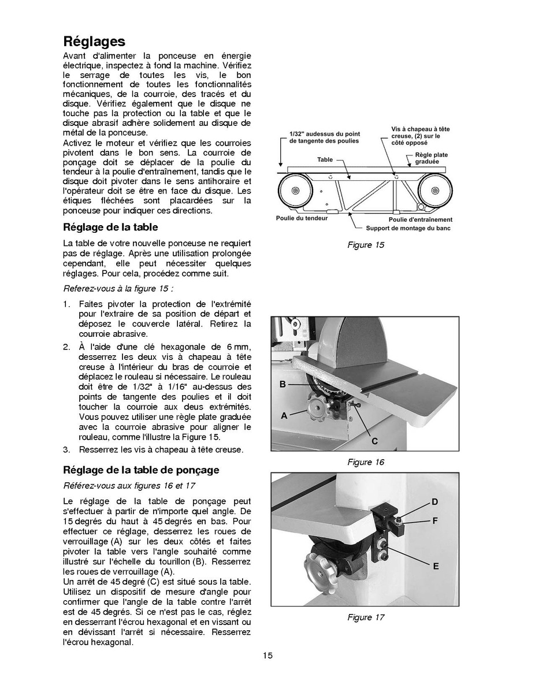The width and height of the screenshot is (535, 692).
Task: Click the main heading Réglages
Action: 94,42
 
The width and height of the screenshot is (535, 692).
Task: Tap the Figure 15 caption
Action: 366,245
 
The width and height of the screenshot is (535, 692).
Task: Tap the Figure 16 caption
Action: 366,462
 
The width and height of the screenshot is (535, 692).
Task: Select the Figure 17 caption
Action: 366,617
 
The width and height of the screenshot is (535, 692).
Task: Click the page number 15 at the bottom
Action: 267,655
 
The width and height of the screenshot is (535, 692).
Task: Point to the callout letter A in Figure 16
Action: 284,415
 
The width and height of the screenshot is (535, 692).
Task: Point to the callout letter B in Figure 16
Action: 283,384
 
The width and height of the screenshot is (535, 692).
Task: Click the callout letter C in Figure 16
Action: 374,441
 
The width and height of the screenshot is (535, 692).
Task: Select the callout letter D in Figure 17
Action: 434,502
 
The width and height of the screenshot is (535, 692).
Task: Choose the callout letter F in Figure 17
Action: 434,520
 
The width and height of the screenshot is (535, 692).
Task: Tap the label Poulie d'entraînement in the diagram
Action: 420,219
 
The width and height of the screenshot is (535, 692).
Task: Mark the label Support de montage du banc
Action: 408,228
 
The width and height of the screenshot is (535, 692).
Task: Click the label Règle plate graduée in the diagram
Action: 431,158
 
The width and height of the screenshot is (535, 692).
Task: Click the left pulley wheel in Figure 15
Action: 295,191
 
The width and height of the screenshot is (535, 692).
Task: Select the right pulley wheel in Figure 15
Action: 434,191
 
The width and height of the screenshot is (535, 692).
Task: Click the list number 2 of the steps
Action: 66,347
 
